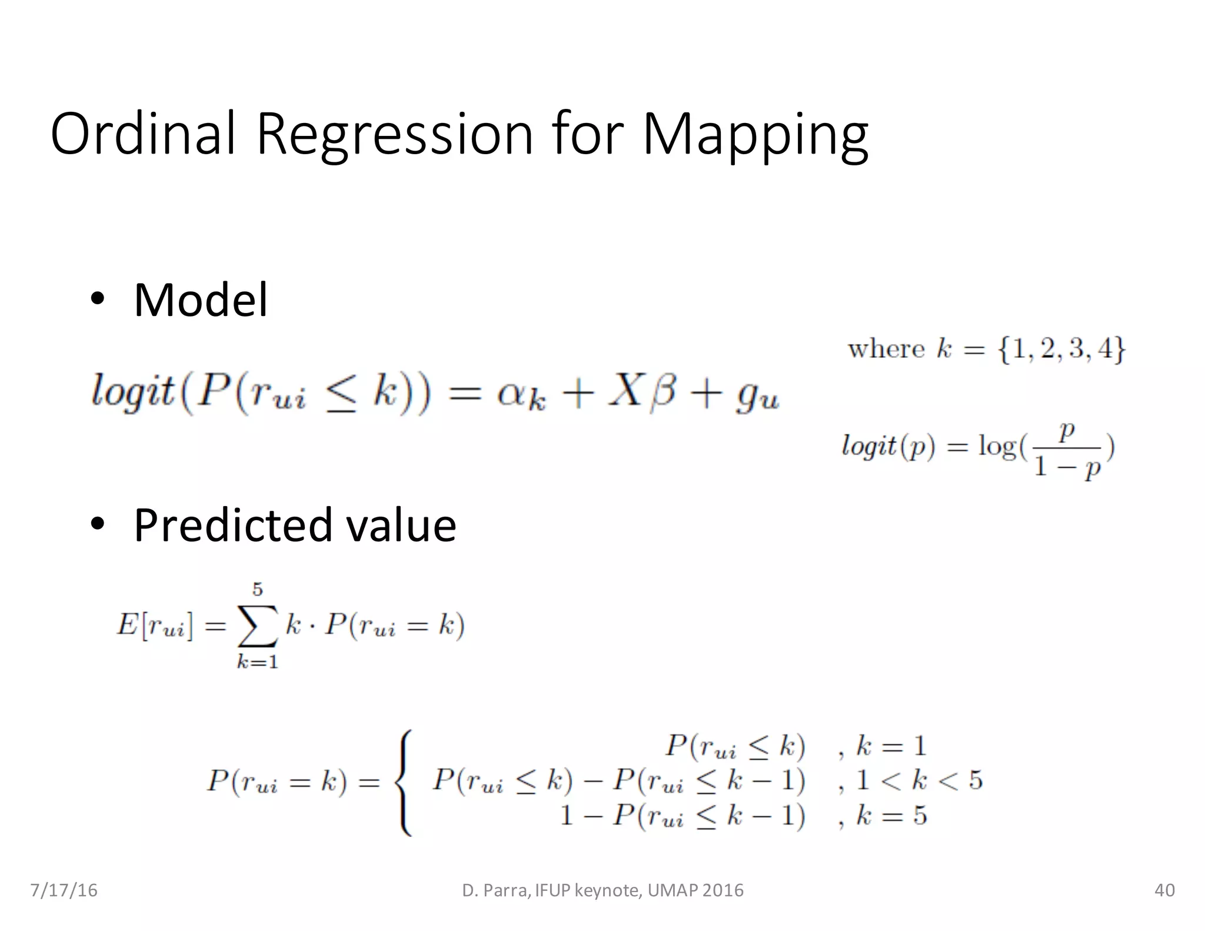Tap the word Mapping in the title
click(755, 135)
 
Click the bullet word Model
click(201, 300)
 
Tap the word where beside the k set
click(886, 349)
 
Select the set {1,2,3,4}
click(1061, 349)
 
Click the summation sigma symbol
click(257, 625)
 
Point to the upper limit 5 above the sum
click(257, 589)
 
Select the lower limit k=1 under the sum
click(257, 663)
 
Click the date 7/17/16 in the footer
click(64, 890)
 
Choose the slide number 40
click(1164, 890)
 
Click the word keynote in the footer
click(608, 890)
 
